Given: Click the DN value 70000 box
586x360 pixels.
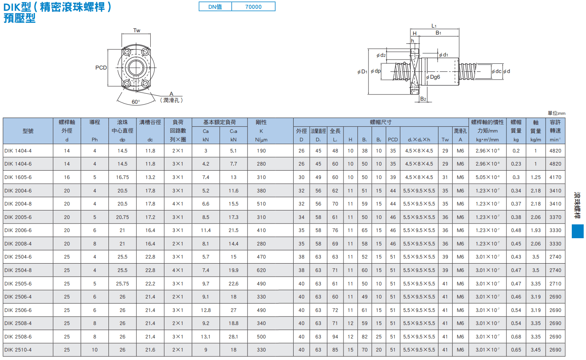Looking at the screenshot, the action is click(x=253, y=7).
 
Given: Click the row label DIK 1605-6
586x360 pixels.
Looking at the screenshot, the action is click(x=18, y=178).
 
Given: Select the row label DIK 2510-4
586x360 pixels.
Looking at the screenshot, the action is click(x=18, y=350).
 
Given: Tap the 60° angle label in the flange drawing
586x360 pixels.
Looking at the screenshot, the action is click(x=136, y=102).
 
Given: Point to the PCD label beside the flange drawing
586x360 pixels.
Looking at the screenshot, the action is click(x=101, y=68).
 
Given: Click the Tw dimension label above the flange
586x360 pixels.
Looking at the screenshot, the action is click(x=136, y=30).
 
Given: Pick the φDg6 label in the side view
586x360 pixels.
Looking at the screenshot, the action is click(x=433, y=77).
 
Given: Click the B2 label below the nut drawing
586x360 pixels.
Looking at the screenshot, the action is click(x=423, y=99).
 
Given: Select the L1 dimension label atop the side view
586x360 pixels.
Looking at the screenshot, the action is click(x=434, y=26).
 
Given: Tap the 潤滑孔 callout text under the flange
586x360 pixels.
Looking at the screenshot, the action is click(x=171, y=100).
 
